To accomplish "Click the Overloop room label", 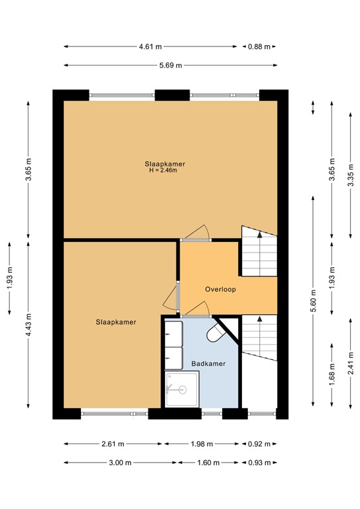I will [221, 290].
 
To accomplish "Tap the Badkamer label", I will [208, 364].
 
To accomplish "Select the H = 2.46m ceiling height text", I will [164, 171].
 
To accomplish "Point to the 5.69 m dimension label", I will [170, 66].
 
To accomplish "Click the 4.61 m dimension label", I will [150, 47].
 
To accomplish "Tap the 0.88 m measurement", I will [259, 47].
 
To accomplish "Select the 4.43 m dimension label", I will [28, 325].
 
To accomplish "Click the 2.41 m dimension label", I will [351, 363].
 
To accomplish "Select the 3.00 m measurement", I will [114, 463].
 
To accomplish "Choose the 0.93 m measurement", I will [259, 463].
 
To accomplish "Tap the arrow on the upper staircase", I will [259, 234].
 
